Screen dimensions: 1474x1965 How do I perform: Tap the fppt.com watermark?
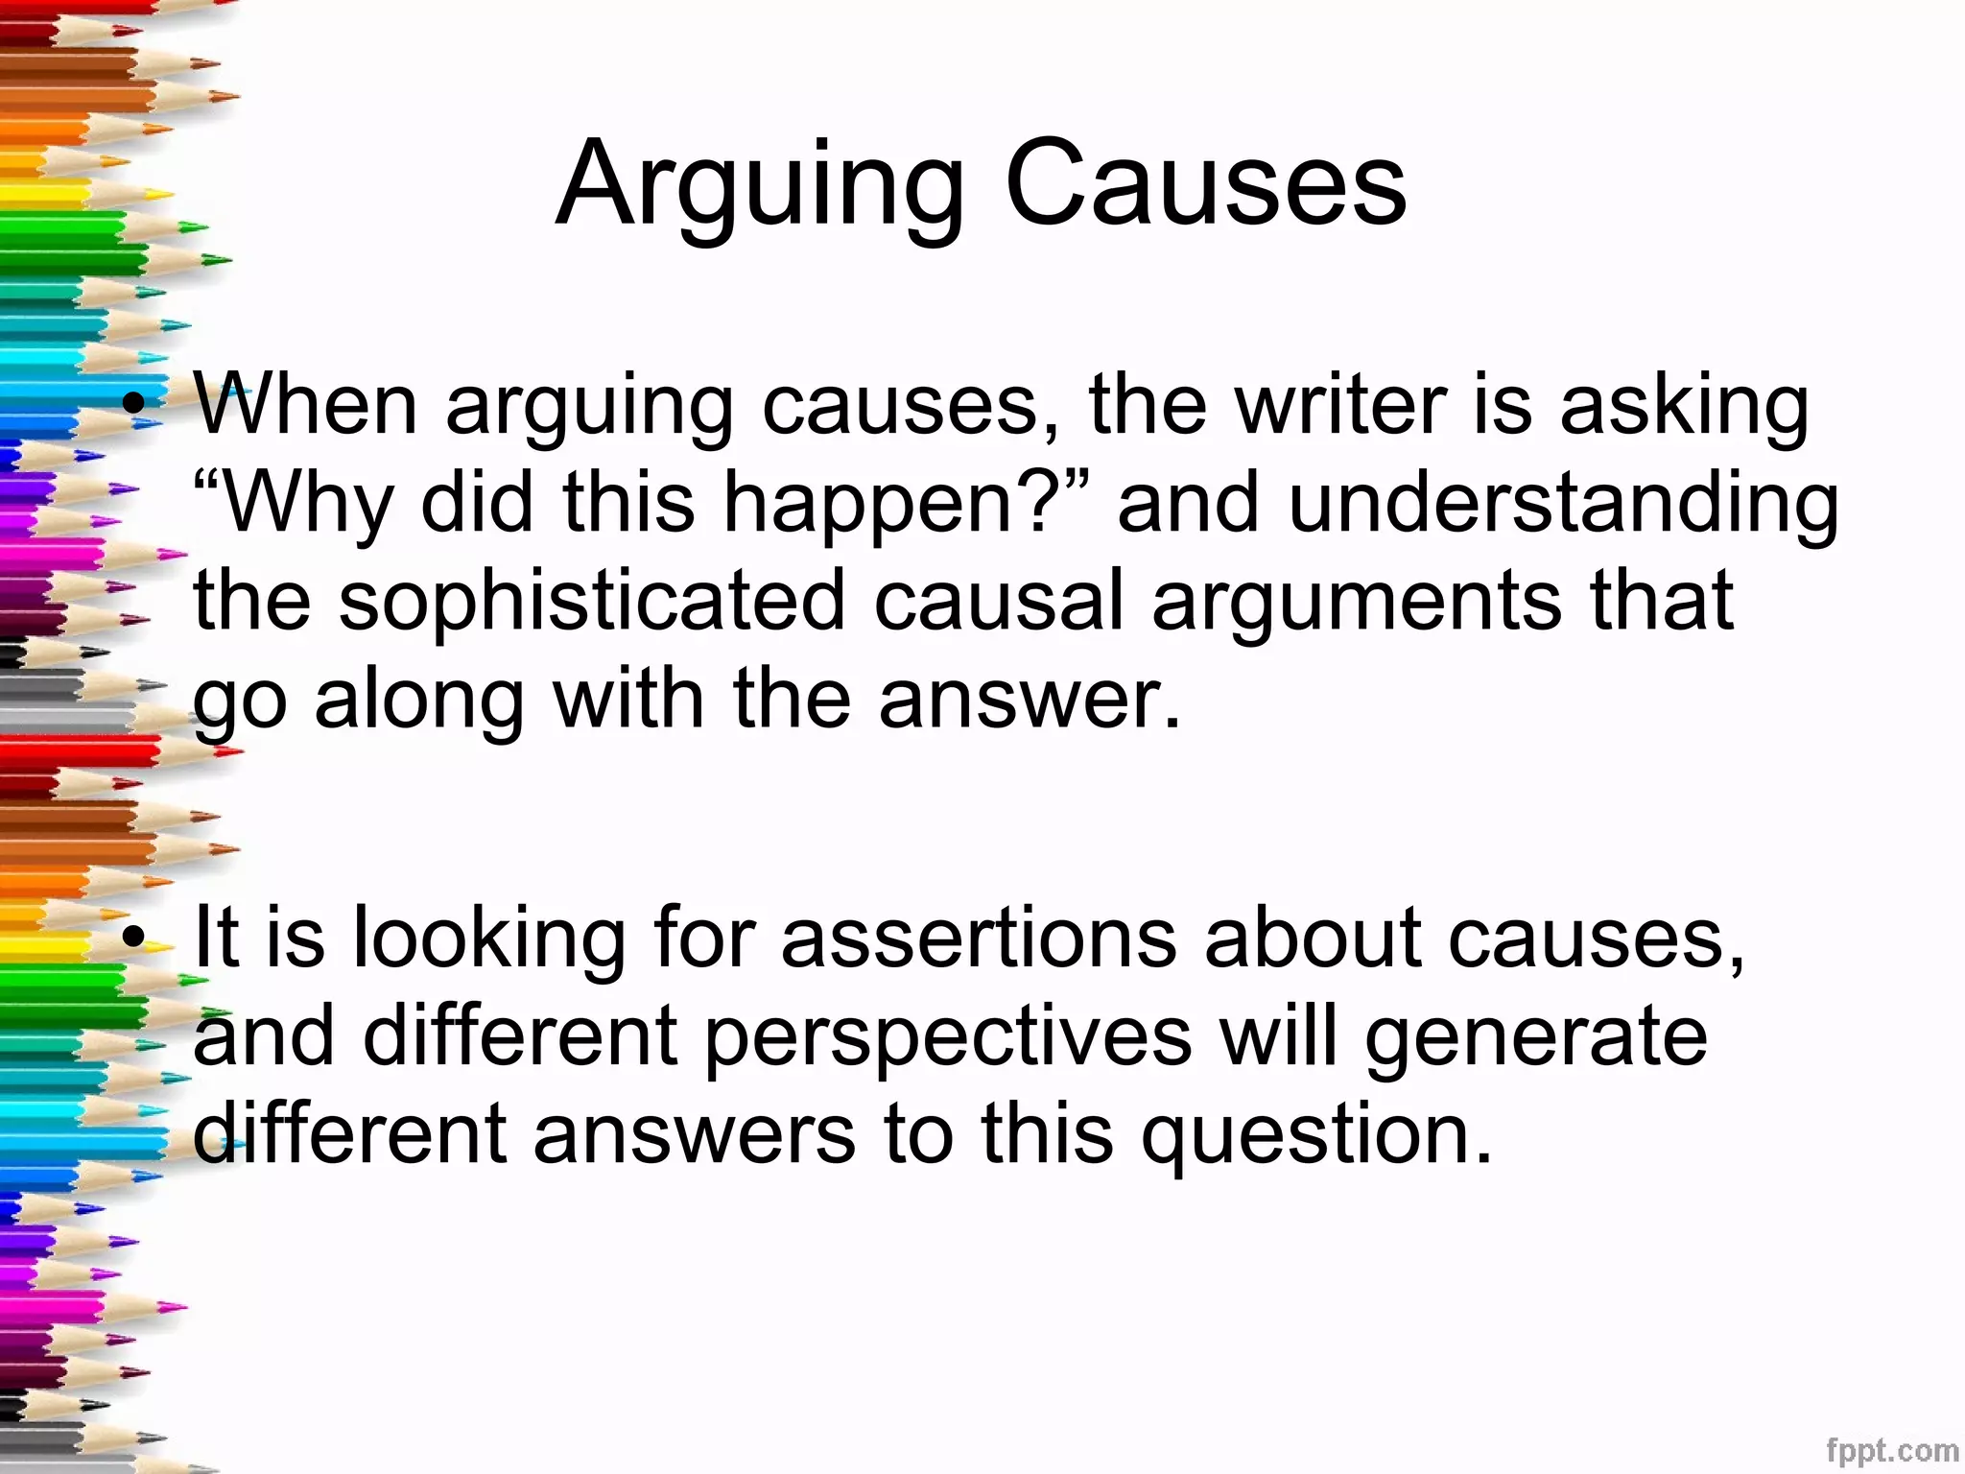point(1891,1450)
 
